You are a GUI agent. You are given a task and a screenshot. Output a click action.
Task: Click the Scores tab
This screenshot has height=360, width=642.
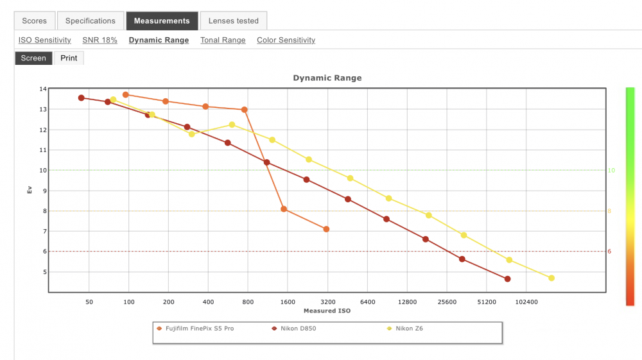coord(35,21)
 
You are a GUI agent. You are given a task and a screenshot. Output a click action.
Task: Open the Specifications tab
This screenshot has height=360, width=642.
coord(90,21)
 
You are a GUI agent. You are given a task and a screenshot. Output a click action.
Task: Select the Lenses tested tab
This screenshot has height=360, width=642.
coord(234,21)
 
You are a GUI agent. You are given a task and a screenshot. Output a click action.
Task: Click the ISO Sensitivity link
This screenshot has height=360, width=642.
coord(45,40)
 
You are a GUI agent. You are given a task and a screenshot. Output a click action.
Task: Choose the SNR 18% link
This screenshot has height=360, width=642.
coord(100,40)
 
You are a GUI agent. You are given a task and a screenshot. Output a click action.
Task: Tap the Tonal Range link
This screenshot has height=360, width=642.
coord(223,40)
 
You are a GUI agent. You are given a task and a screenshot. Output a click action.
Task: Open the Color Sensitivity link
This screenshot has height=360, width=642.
coord(286,40)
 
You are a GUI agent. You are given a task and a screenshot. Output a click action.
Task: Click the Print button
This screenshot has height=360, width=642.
coord(69,58)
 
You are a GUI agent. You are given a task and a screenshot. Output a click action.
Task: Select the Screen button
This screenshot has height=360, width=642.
coord(33,58)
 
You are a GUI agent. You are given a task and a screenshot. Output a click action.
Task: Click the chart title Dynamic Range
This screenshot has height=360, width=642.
coord(327,78)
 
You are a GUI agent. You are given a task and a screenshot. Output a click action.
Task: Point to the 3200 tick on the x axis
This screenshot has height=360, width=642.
coord(327,302)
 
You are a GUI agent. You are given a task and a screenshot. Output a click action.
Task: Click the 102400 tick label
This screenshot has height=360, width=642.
coord(526,302)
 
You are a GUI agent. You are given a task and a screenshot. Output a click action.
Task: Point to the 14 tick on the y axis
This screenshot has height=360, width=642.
coord(43,89)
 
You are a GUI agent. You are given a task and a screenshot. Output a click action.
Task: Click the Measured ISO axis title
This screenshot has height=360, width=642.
coord(327,311)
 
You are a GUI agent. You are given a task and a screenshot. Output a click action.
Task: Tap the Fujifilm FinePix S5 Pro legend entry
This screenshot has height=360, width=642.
coord(195,329)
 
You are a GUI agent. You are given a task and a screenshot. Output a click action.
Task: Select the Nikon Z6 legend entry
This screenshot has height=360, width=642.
coord(405,329)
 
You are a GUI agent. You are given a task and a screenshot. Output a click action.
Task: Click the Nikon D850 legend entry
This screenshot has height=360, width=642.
coord(294,329)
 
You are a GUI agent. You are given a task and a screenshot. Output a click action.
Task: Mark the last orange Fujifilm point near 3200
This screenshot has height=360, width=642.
coord(326,229)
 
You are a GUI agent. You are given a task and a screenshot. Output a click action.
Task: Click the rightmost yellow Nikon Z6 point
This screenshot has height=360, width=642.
coord(551,279)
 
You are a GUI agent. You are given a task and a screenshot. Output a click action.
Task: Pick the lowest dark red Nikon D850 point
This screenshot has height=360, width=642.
coord(508,279)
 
